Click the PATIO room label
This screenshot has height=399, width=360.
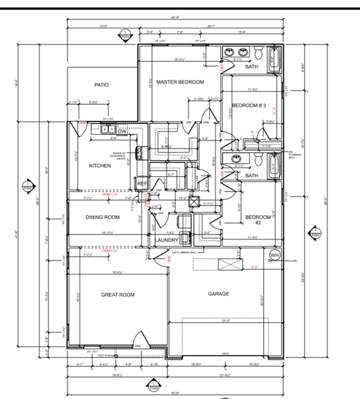point(101,85)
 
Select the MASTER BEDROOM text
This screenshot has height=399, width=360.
point(180,82)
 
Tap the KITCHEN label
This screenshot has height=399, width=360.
point(100,166)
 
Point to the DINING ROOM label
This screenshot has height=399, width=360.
point(103,217)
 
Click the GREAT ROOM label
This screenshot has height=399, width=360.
point(118,295)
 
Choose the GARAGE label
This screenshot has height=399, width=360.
point(218,294)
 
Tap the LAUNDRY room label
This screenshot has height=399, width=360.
point(167,240)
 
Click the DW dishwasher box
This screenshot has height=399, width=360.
point(122,132)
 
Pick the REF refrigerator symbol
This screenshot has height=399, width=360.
point(142,183)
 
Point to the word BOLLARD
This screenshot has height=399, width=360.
point(292,261)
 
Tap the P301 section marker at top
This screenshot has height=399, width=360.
point(124,34)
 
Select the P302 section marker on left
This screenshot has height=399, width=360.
point(28,185)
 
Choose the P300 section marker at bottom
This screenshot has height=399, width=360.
point(153,385)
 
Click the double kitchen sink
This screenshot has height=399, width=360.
point(108,129)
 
